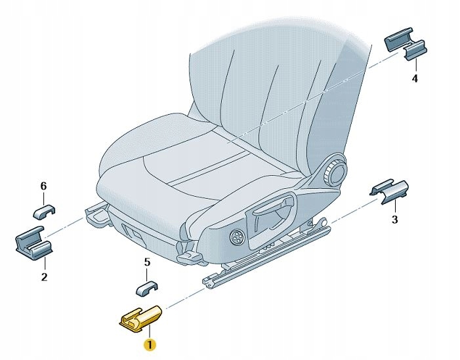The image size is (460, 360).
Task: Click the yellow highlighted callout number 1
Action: (150, 344)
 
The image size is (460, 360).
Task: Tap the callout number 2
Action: (44, 277)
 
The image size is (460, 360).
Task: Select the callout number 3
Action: (395, 219)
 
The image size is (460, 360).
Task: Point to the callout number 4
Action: (415, 78)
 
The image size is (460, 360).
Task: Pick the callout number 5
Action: (147, 262)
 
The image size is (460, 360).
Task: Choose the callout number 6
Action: (43, 186)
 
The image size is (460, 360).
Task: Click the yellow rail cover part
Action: (140, 319)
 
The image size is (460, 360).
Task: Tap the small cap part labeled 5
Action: (147, 289)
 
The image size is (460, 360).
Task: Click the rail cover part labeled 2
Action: (33, 243)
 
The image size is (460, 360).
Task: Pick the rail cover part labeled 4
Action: (406, 43)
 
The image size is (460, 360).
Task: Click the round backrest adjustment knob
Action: (335, 172)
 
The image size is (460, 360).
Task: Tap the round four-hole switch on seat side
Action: (236, 237)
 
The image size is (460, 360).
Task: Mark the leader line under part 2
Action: (45, 264)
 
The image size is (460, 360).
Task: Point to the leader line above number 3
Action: (395, 207)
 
